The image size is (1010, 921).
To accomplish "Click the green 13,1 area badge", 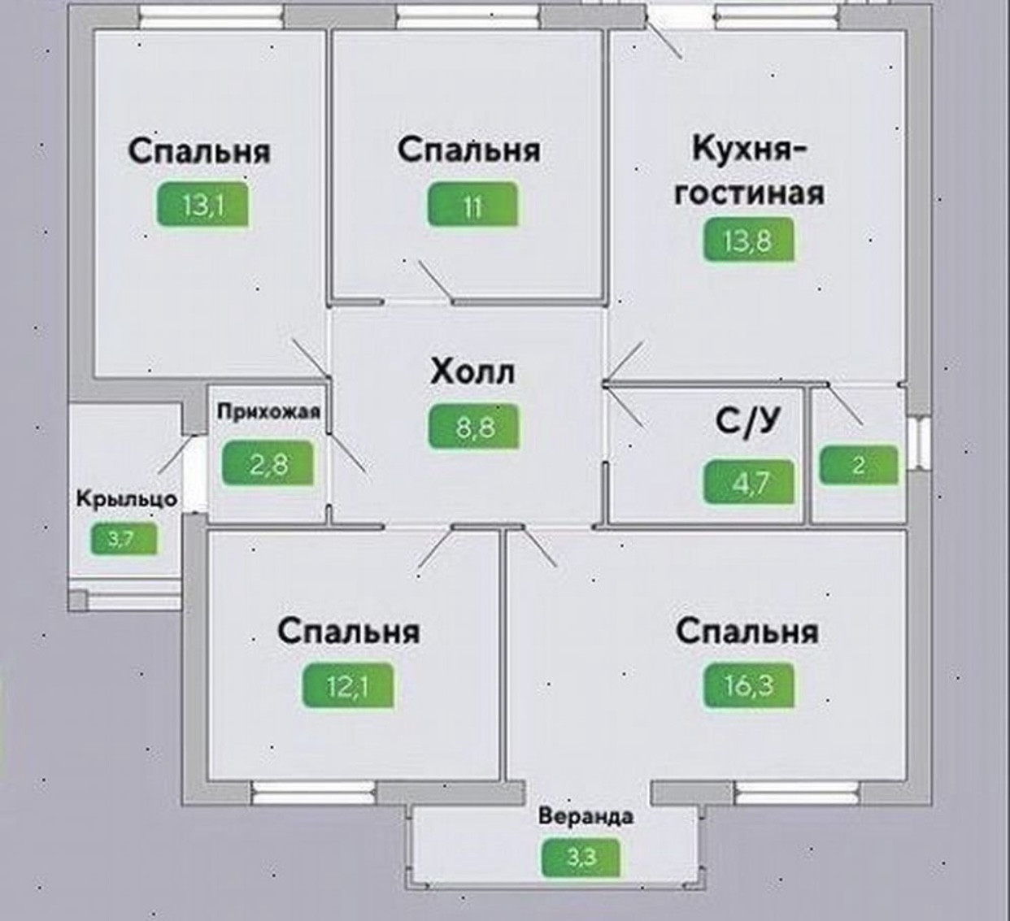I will [202, 206].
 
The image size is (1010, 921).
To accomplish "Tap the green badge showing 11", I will [472, 205].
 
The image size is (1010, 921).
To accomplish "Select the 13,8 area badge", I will [748, 241].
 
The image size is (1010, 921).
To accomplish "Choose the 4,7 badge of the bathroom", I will [750, 483].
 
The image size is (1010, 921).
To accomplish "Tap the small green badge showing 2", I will [859, 466].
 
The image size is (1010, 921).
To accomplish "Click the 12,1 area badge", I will [347, 686].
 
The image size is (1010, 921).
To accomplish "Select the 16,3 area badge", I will [748, 685].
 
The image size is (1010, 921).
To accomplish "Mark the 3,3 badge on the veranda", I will [581, 856].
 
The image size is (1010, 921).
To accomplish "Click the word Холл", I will [472, 373].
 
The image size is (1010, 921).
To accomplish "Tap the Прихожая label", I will [268, 411].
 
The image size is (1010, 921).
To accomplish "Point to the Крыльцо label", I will [127, 497].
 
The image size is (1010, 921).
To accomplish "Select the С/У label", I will [747, 421].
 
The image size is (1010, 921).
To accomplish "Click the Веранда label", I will [586, 815].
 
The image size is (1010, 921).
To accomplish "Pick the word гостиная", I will [749, 193].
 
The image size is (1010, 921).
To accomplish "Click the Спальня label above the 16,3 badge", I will [747, 632].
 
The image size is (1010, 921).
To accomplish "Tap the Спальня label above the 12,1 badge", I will [349, 632].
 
